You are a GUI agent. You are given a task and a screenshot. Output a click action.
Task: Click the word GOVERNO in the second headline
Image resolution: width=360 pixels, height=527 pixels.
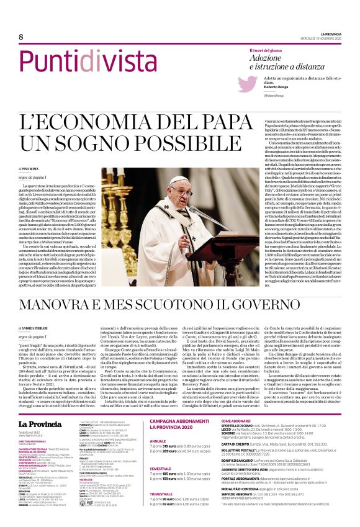[x=294, y=305]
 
